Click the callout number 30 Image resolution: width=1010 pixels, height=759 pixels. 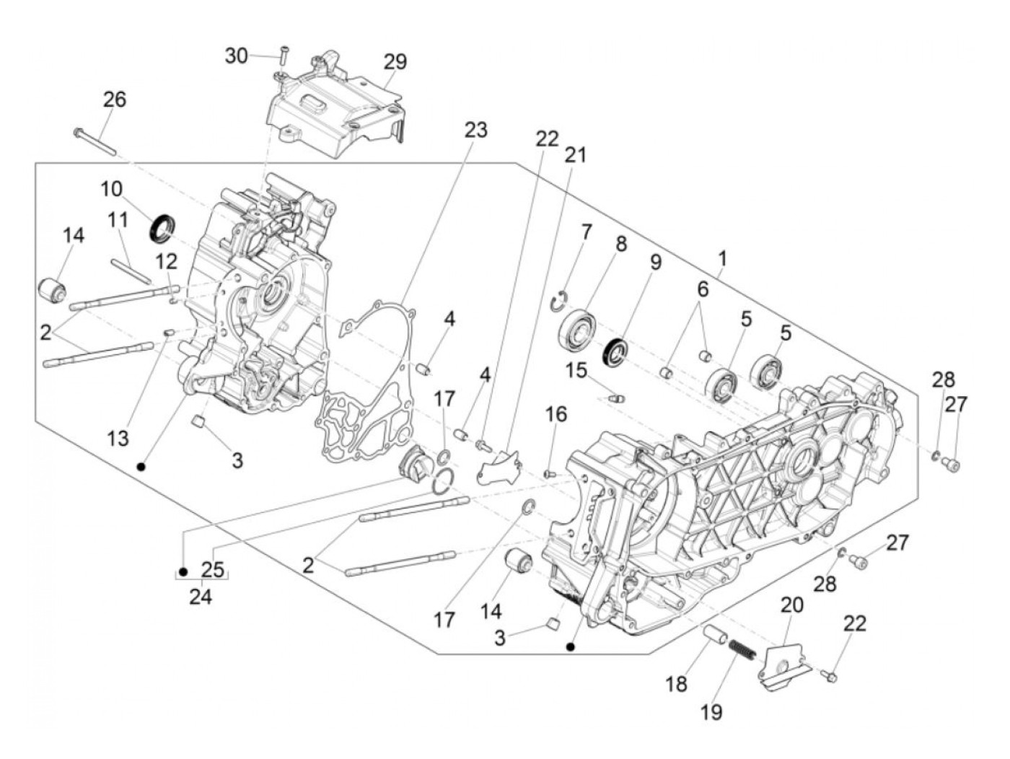236,56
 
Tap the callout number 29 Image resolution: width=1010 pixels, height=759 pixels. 396,61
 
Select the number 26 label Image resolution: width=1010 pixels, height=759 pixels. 115,100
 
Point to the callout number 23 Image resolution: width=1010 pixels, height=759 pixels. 475,130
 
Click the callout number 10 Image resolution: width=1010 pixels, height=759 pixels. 111,188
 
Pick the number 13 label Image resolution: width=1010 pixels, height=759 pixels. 118,439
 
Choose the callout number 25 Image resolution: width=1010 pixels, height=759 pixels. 213,570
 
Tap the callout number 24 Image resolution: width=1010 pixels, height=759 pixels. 201,597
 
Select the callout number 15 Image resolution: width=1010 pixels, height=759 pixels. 576,370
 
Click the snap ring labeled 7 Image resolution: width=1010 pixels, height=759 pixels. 560,302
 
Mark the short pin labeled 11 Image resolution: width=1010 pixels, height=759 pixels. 131,271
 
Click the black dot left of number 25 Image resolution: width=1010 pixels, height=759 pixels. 183,572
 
